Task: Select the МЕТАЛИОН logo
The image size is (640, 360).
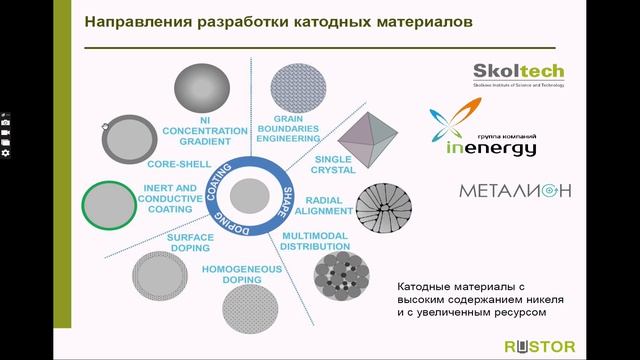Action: coord(515,190)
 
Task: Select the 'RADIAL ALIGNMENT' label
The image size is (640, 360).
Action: coord(329,205)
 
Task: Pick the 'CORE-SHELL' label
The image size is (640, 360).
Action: coord(176,162)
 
